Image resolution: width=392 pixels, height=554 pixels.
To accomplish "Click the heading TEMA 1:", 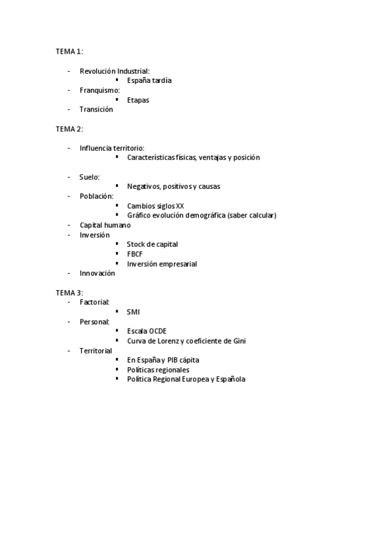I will tap(69, 51).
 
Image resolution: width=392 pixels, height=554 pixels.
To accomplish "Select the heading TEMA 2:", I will tap(69, 129).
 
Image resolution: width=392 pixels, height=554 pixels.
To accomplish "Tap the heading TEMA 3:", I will tap(69, 293).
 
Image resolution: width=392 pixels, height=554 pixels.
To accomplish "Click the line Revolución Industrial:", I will tap(115, 71).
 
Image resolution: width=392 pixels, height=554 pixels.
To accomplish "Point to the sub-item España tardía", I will tap(149, 80).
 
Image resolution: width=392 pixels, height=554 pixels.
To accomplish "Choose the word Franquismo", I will tap(99, 90).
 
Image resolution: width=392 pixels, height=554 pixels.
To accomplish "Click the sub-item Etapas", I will tap(138, 100).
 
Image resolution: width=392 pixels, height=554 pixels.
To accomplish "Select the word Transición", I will tap(96, 110).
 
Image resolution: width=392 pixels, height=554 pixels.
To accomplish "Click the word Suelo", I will tap(88, 177).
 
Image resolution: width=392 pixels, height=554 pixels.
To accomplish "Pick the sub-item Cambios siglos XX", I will tap(156, 206).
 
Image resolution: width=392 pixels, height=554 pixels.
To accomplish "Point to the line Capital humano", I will tap(105, 225).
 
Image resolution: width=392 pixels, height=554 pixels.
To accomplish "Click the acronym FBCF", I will tap(135, 254).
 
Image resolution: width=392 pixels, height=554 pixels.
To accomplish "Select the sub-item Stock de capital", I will tap(152, 244).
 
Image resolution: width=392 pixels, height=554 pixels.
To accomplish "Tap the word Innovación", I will tap(98, 273).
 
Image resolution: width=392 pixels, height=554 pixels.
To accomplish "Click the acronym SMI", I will tap(134, 312).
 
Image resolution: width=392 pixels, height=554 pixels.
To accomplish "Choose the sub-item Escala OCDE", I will tap(147, 331).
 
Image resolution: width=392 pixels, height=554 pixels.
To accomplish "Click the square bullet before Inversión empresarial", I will tap(117, 263).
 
